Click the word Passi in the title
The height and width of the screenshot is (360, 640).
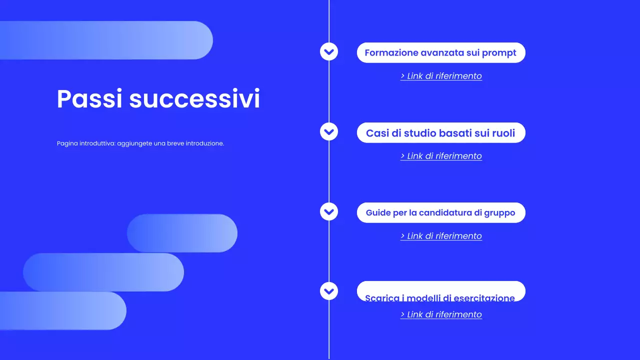pyautogui.click(x=89, y=99)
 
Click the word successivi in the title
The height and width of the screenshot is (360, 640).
pyautogui.click(x=194, y=99)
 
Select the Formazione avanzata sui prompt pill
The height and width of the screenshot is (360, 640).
pyautogui.click(x=440, y=52)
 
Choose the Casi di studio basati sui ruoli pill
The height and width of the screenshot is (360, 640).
pyautogui.click(x=440, y=133)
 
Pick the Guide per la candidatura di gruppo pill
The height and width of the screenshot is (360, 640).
pyautogui.click(x=440, y=212)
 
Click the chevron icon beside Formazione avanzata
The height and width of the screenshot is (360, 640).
pyautogui.click(x=328, y=51)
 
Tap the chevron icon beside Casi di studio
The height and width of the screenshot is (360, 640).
pyautogui.click(x=328, y=132)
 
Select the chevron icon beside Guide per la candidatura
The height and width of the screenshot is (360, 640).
pyautogui.click(x=328, y=211)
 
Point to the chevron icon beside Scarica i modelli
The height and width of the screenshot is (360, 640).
pyautogui.click(x=328, y=290)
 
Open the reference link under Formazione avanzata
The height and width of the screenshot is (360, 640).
pyautogui.click(x=441, y=76)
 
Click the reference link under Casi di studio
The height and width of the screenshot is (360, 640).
pyautogui.click(x=441, y=156)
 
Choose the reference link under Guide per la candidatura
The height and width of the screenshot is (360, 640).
pyautogui.click(x=441, y=236)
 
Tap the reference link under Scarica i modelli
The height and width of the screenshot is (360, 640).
pyautogui.click(x=441, y=314)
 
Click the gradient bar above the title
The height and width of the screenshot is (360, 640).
pyautogui.click(x=106, y=40)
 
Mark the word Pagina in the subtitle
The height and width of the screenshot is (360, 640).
pyautogui.click(x=67, y=143)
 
